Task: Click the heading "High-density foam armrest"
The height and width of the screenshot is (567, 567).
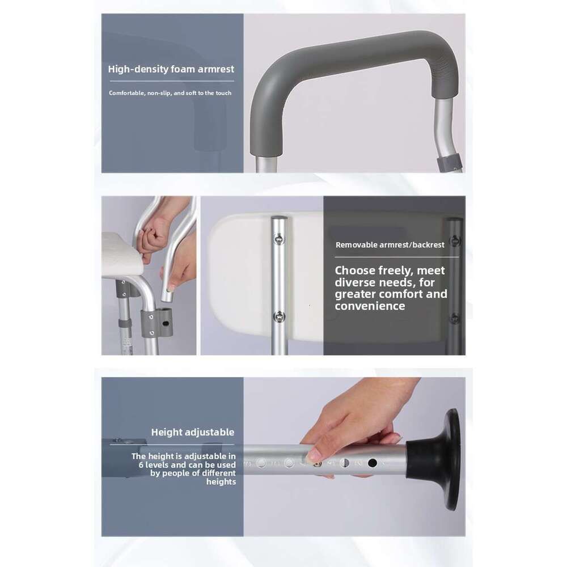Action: [x=171, y=69]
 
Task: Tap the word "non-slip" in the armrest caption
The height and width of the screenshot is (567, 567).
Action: [x=159, y=93]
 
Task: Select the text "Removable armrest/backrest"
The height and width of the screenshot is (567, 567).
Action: [x=390, y=245]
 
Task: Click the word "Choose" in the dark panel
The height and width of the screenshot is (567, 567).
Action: [x=355, y=270]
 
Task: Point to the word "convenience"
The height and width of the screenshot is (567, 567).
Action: [x=370, y=306]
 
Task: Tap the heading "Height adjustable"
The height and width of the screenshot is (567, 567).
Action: [x=193, y=432]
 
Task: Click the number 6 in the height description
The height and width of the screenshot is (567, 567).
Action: [x=141, y=465]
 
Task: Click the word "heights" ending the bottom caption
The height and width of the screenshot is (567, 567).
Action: [x=221, y=481]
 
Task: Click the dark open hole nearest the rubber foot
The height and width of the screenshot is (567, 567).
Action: [x=372, y=463]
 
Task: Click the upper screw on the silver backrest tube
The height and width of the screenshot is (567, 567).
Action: [x=279, y=238]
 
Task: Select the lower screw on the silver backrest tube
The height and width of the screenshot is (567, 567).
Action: [x=279, y=317]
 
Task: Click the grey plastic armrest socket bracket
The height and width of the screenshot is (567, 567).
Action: [x=156, y=322]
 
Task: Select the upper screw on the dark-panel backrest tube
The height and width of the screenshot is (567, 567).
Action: [x=454, y=241]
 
